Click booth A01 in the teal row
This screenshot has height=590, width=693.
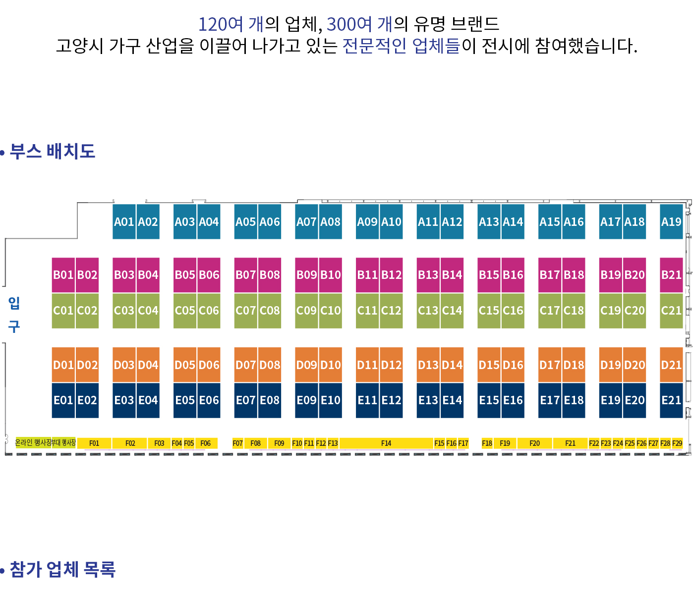(x=124, y=221)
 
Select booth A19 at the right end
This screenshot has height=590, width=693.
(x=671, y=221)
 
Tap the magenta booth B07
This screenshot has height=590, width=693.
(x=246, y=274)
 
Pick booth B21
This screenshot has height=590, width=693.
(x=671, y=274)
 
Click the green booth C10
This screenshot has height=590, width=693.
(x=331, y=311)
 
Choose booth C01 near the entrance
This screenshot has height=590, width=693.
(x=63, y=311)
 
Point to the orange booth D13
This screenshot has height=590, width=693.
(x=428, y=365)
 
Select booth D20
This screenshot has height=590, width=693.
(x=635, y=365)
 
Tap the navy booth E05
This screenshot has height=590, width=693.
(x=185, y=400)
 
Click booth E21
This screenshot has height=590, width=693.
(x=671, y=400)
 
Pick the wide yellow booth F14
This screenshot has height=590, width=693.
(x=386, y=443)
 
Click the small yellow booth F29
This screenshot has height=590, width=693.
(x=677, y=443)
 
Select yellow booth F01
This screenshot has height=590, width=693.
(x=94, y=443)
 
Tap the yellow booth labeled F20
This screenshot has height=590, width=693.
(x=534, y=443)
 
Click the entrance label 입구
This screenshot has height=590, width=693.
(x=14, y=315)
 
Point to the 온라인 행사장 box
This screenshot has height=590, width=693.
(x=33, y=442)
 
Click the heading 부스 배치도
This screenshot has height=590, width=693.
(x=52, y=151)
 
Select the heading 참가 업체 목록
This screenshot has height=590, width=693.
(x=62, y=569)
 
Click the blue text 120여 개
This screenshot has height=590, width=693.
(x=231, y=24)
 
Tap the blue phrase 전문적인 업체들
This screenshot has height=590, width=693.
(x=402, y=46)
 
